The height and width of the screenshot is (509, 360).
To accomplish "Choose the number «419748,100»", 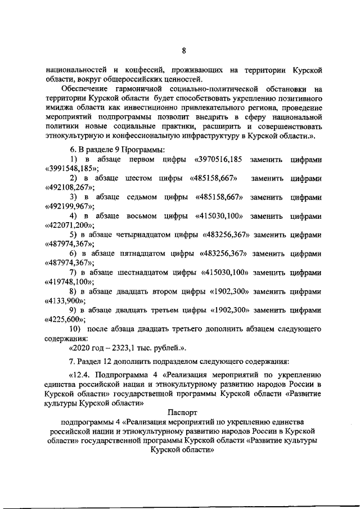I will [69, 282].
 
